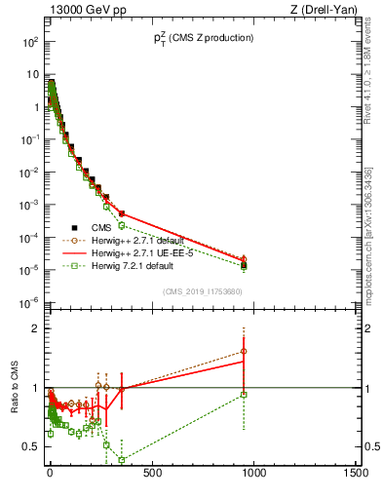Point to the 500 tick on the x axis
click(152, 474)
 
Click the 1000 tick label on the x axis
click(253, 474)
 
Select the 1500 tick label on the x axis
click(356, 474)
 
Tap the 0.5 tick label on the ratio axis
click(30, 446)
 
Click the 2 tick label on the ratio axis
click(35, 328)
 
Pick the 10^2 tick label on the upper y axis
click(29, 43)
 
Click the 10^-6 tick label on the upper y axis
click(29, 302)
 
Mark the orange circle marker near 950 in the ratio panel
click(244, 351)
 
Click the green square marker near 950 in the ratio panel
click(244, 394)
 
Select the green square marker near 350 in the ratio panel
click(122, 460)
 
